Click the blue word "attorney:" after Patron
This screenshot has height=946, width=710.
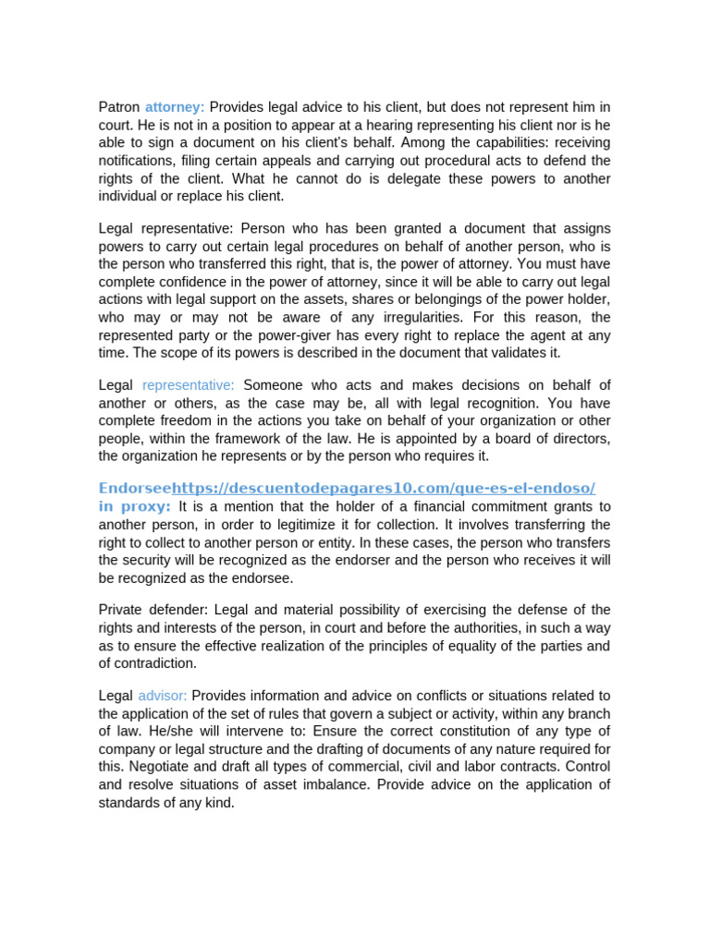(x=175, y=107)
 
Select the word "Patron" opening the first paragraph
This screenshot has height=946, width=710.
(x=119, y=107)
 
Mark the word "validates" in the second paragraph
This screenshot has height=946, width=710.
(x=510, y=352)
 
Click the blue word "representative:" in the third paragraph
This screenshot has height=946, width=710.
(x=189, y=385)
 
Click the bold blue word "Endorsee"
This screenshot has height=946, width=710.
(x=135, y=487)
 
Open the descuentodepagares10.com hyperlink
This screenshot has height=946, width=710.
(x=384, y=487)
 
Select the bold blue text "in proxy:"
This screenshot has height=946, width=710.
(x=135, y=506)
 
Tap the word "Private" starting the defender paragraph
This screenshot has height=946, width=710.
(x=120, y=610)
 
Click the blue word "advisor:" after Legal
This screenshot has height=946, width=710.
(x=162, y=696)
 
